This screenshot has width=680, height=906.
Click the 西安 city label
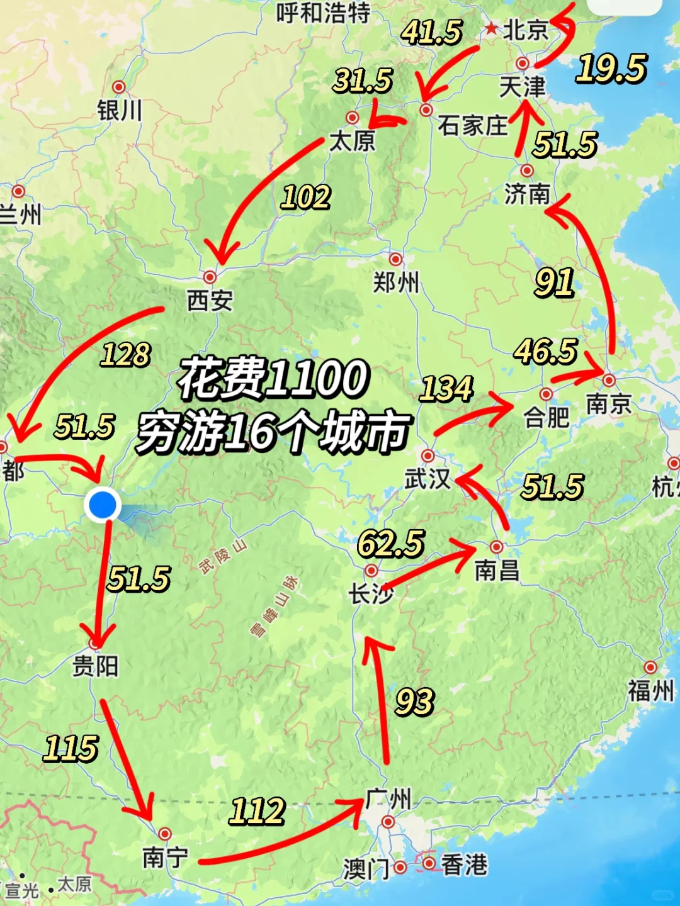pyautogui.click(x=210, y=301)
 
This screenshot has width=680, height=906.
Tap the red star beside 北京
pyautogui.click(x=491, y=28)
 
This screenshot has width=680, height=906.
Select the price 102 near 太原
pyautogui.click(x=305, y=198)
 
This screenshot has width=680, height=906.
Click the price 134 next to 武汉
pyautogui.click(x=446, y=389)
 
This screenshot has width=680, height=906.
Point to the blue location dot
pyautogui.click(x=102, y=504)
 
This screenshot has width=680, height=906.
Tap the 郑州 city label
pyautogui.click(x=395, y=282)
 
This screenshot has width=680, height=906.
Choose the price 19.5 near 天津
pyautogui.click(x=611, y=69)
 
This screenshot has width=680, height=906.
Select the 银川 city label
pyautogui.click(x=119, y=111)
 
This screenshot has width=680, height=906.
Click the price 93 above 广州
pyautogui.click(x=414, y=702)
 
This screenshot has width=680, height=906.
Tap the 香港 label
pyautogui.click(x=464, y=865)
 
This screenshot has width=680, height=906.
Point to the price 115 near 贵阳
pyautogui.click(x=71, y=749)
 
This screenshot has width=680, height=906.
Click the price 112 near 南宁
pyautogui.click(x=257, y=811)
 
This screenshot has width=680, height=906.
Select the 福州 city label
pyautogui.click(x=650, y=691)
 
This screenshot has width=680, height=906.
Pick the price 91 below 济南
pyautogui.click(x=554, y=282)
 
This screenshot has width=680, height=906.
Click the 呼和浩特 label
pyautogui.click(x=323, y=13)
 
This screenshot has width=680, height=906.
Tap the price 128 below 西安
pyautogui.click(x=125, y=355)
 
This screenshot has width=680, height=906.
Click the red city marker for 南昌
pyautogui.click(x=497, y=546)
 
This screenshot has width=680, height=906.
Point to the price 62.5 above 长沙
pyautogui.click(x=391, y=544)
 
